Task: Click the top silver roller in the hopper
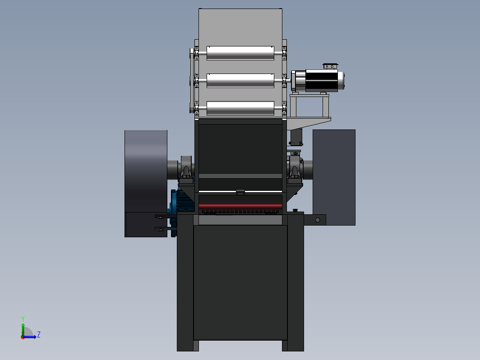tap(240, 53)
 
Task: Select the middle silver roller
tap(240, 80)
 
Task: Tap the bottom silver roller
tap(240, 108)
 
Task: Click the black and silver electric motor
tap(318, 81)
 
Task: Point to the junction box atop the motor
tap(330, 66)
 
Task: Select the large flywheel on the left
tap(146, 184)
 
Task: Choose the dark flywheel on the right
tap(334, 178)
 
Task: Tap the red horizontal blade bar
tap(240, 206)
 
